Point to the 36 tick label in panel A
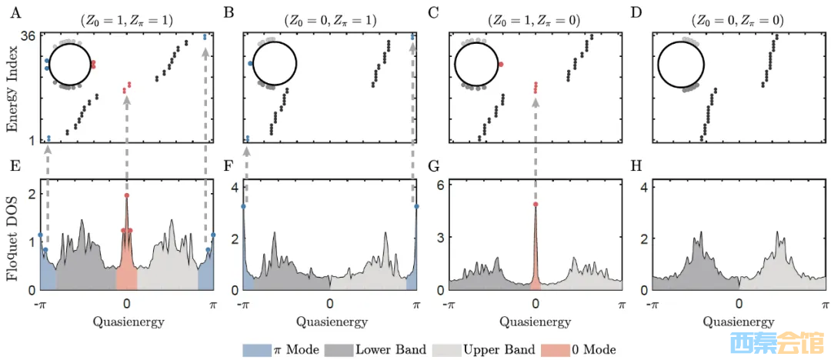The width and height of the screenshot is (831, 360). pos(30,36)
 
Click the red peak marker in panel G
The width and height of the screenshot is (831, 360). pos(535,205)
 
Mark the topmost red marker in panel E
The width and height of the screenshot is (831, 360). pos(126,195)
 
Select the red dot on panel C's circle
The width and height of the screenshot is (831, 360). pos(501,65)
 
